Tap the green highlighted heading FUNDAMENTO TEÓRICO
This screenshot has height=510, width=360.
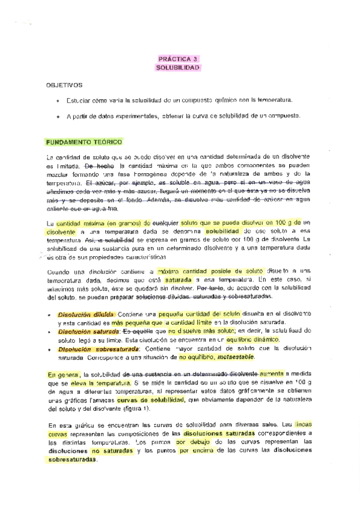[84, 142]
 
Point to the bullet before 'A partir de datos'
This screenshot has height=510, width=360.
[57, 116]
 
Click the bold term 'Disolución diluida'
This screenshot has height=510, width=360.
[87, 315]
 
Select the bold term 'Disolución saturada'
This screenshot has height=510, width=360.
[87, 330]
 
